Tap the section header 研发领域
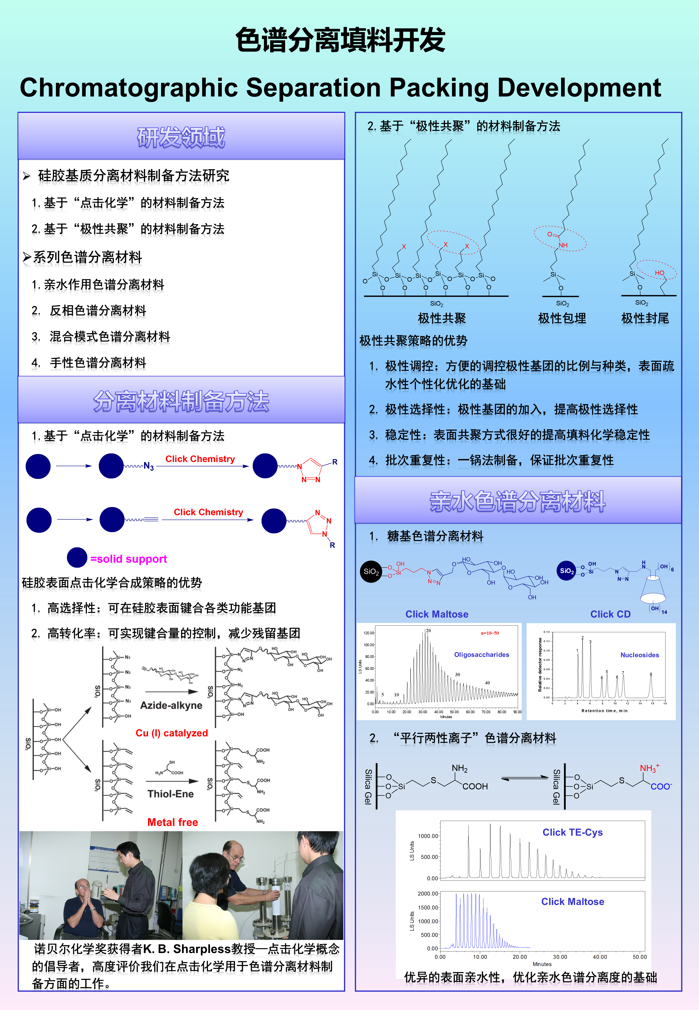point(181,137)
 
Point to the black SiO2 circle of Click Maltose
point(371,572)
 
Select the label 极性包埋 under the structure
point(562,318)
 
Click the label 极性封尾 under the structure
point(645,318)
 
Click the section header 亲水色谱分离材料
point(518,502)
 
